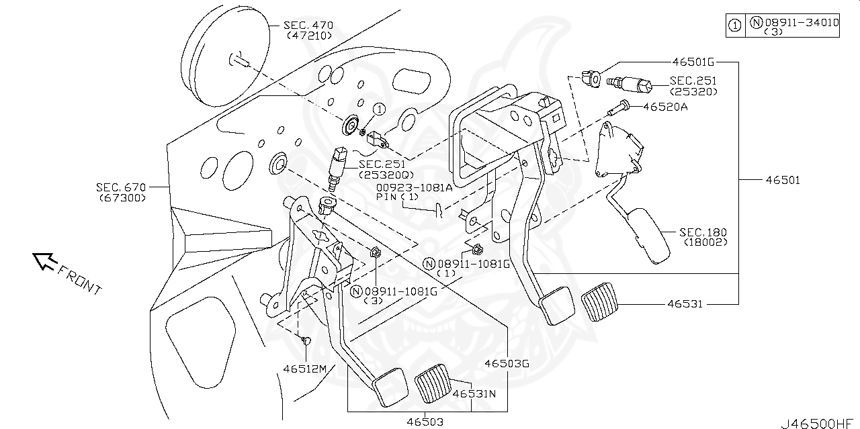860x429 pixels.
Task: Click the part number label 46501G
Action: point(691,62)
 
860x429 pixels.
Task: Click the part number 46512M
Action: point(304,369)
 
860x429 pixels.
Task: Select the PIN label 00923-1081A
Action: point(415,189)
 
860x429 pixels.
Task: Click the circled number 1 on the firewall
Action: point(378,109)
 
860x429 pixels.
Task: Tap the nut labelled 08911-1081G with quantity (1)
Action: point(477,250)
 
